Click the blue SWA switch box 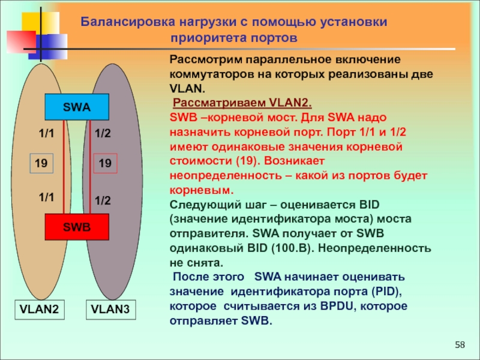point(77,107)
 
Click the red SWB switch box point(77,227)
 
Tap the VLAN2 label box point(39,310)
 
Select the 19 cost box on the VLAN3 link point(106,163)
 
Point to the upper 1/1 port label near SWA point(46,135)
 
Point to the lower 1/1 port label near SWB point(46,196)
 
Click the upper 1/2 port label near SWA point(103,135)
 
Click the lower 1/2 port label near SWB point(103,200)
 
